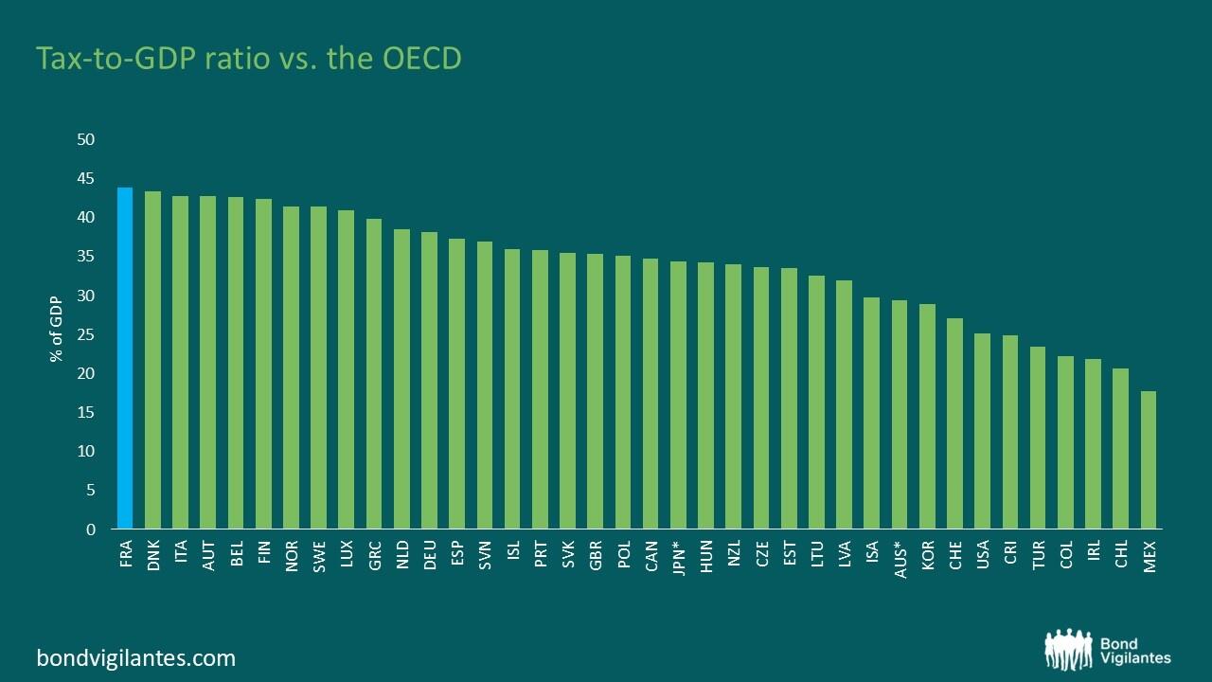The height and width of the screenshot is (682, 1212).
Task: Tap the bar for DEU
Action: [x=429, y=380]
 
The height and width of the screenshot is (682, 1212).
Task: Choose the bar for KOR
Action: [x=928, y=416]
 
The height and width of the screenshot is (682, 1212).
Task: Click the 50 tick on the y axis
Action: [x=86, y=140]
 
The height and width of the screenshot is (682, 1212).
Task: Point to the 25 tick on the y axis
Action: [x=86, y=334]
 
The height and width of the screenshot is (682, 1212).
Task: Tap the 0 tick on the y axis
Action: [x=91, y=529]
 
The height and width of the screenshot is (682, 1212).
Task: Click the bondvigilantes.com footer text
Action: [x=135, y=657]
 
